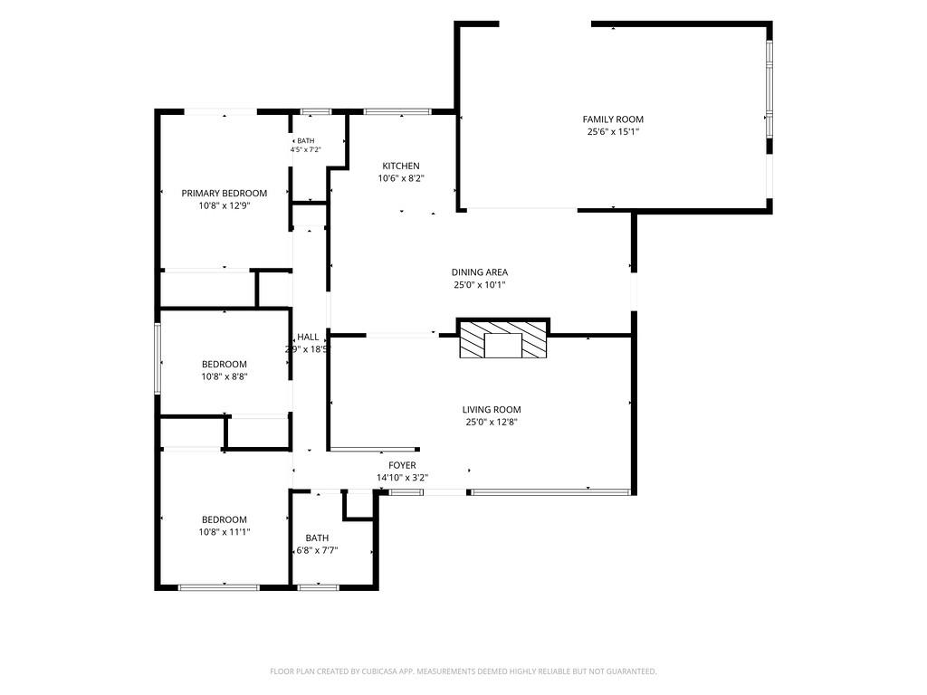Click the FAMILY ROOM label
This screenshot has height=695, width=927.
point(613,119)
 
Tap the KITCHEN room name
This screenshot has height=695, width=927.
point(401,167)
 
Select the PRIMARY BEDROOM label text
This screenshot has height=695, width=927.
point(225,194)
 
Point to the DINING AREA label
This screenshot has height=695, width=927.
point(480,272)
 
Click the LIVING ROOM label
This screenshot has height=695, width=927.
point(492,410)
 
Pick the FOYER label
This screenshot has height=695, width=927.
point(402,466)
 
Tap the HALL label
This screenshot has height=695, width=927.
point(308,337)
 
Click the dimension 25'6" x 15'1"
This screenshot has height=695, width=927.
point(613,132)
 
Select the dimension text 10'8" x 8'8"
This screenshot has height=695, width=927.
point(225,376)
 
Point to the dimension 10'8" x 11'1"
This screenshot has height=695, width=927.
point(225,532)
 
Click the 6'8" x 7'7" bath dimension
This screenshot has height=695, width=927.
point(317,551)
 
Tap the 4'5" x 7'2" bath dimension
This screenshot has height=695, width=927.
point(306,150)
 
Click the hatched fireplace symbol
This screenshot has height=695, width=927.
point(503,340)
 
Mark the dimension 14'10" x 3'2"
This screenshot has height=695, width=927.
point(402,478)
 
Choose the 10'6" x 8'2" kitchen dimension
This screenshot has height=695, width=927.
point(401,178)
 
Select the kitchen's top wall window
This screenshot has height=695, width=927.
point(397,111)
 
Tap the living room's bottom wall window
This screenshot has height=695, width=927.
point(550,491)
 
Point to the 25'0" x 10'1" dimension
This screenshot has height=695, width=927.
point(480,285)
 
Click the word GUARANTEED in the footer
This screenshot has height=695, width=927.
point(633,671)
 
